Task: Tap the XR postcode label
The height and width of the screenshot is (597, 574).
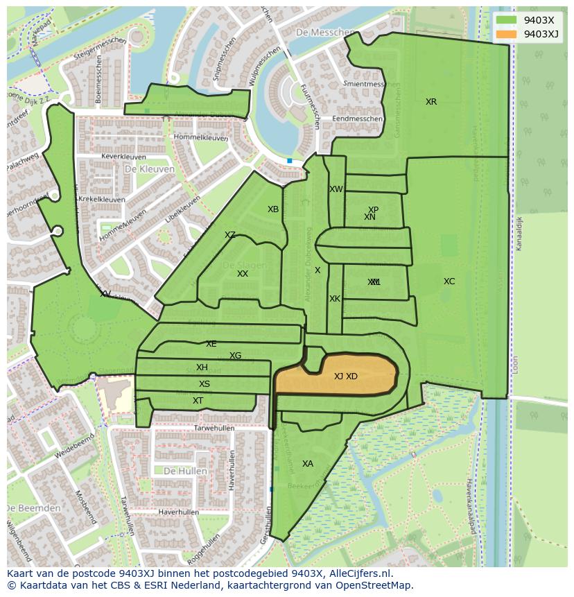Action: tap(431, 102)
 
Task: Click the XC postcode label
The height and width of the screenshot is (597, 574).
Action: tap(449, 282)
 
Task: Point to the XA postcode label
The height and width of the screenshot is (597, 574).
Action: tap(308, 464)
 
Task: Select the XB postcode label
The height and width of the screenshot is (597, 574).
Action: tap(273, 209)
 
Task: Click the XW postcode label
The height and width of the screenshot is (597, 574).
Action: tap(336, 189)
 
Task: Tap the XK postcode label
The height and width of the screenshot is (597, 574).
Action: tap(335, 299)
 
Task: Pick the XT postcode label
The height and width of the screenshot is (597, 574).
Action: tap(198, 401)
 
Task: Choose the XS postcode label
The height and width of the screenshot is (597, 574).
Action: tap(205, 384)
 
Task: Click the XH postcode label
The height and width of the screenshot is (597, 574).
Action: tap(202, 367)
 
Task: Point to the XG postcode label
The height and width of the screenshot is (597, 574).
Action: tap(236, 356)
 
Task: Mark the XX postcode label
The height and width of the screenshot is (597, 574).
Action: tap(243, 274)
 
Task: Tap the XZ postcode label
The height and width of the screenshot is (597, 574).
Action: tap(230, 235)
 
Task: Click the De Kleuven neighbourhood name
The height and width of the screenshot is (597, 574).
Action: tap(149, 168)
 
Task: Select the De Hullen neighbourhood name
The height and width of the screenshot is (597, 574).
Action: tap(185, 471)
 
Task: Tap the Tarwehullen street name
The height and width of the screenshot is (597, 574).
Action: tap(214, 429)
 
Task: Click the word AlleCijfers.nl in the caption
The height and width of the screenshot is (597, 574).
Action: tap(359, 573)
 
